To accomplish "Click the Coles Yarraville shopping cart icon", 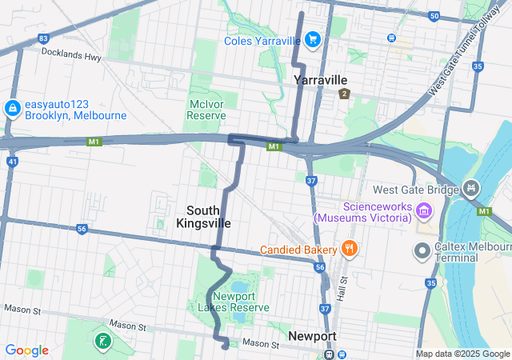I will click(x=312, y=38).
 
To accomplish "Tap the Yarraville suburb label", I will click(x=320, y=80).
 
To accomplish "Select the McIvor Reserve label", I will click(x=206, y=110).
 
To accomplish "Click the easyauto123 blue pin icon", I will click(x=12, y=108).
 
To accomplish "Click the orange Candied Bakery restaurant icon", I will click(x=349, y=249).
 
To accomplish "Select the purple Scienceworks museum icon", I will click(x=423, y=212).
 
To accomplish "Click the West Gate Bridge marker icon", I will click(x=472, y=190).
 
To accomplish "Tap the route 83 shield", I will click(x=43, y=38).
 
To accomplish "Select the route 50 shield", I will click(x=434, y=16).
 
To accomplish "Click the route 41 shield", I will click(x=12, y=161).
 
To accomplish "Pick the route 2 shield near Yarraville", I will click(x=345, y=94).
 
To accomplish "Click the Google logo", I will click(x=26, y=350).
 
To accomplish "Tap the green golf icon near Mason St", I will click(x=102, y=342).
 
